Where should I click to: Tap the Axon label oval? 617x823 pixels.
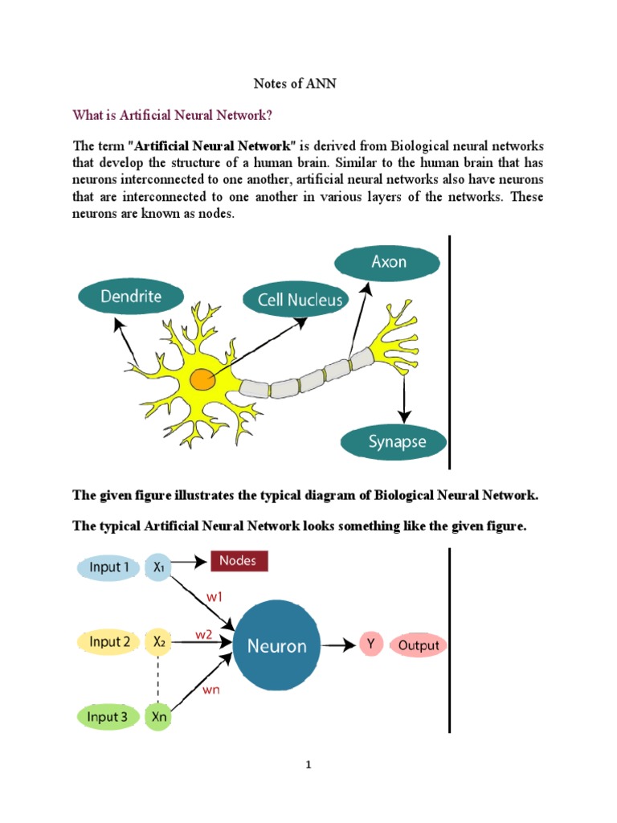[388, 262]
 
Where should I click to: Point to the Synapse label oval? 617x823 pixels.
[395, 441]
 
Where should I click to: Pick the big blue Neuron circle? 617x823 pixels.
[276, 645]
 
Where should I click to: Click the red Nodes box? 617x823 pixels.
[239, 560]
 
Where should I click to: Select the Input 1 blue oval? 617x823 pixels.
[110, 567]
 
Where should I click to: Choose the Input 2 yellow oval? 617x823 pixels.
[110, 642]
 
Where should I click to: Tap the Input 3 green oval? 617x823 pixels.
[109, 717]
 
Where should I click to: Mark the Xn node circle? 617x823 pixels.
[157, 717]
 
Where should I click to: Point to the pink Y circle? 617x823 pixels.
[371, 645]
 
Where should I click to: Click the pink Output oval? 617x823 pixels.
[419, 645]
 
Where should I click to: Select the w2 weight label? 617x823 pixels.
[203, 634]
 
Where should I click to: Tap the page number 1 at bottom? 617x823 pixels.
[308, 765]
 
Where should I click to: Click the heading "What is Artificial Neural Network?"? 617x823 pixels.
[173, 115]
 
